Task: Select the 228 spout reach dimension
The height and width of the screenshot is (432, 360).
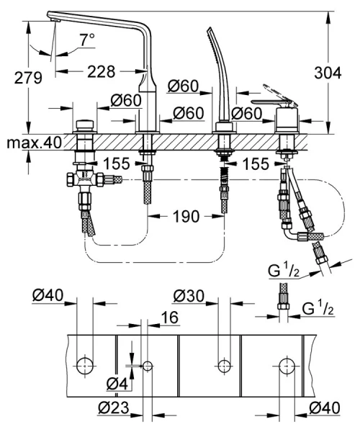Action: click(x=102, y=71)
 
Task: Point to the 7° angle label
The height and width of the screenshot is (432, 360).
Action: click(x=87, y=42)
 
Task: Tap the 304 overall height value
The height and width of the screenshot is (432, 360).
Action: click(x=329, y=73)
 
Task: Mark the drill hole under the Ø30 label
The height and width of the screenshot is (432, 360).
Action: click(x=222, y=365)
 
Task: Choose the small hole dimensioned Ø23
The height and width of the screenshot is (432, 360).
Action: click(x=148, y=366)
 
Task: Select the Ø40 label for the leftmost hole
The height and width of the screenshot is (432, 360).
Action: click(x=48, y=295)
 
